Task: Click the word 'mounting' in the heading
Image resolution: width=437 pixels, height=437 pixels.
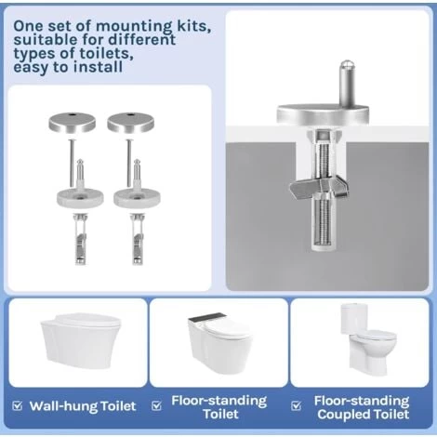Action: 134,27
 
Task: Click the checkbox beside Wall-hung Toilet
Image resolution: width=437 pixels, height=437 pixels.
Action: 18,405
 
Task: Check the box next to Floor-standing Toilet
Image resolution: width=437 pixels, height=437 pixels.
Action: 157,405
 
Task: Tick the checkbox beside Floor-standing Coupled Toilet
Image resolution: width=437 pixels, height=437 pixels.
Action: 297,405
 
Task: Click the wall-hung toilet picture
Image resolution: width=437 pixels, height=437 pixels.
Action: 81,340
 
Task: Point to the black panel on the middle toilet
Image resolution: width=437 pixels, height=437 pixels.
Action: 205,317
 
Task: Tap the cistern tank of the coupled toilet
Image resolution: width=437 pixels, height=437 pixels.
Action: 354,318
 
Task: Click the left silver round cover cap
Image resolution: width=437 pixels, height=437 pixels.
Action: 73,122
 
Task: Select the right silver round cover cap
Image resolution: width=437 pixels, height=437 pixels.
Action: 131,122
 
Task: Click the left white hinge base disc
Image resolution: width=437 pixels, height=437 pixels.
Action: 80,198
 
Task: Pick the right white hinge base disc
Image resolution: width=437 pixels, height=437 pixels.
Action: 137,198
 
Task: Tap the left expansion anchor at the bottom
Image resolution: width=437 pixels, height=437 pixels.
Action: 80,239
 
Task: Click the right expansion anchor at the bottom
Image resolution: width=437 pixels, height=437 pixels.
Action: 137,239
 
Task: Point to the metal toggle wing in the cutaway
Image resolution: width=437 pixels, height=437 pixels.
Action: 319,187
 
